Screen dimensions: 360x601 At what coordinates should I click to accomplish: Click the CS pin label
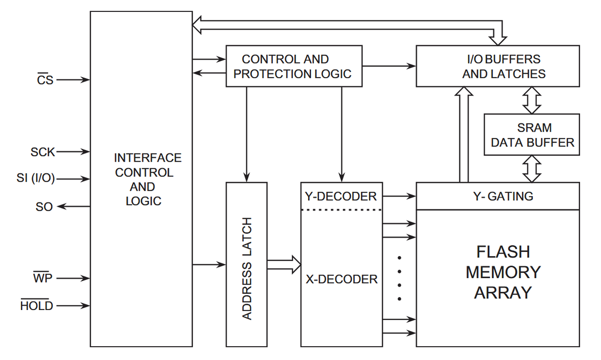pos(45,80)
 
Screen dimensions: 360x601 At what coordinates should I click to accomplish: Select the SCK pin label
pos(43,152)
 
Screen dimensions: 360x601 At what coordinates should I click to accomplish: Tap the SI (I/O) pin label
pos(36,179)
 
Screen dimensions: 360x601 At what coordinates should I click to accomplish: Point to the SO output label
pos(44,206)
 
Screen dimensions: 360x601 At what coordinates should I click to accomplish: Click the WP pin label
pos(42,278)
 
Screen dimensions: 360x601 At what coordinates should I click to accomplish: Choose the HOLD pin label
pos(37,306)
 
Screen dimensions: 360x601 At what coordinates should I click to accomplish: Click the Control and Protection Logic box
pos(293,66)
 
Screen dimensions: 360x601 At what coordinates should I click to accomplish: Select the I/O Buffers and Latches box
pos(497,66)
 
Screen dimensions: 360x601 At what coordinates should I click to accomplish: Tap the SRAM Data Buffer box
pos(532,135)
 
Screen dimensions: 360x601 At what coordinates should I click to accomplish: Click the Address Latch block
pos(246,264)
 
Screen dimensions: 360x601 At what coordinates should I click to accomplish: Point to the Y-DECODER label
pos(341,196)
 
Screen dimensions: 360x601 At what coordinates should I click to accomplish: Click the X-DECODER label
pos(342,279)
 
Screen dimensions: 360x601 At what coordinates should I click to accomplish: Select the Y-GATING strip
pos(497,196)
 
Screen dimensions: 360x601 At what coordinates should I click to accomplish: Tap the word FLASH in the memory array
pos(503,252)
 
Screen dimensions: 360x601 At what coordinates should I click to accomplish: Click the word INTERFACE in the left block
pos(148,158)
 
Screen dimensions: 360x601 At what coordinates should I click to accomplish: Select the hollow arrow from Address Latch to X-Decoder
pos(284,264)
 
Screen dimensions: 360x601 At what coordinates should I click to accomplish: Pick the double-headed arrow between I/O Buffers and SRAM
pos(532,100)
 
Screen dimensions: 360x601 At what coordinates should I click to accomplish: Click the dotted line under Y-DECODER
pos(342,210)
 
